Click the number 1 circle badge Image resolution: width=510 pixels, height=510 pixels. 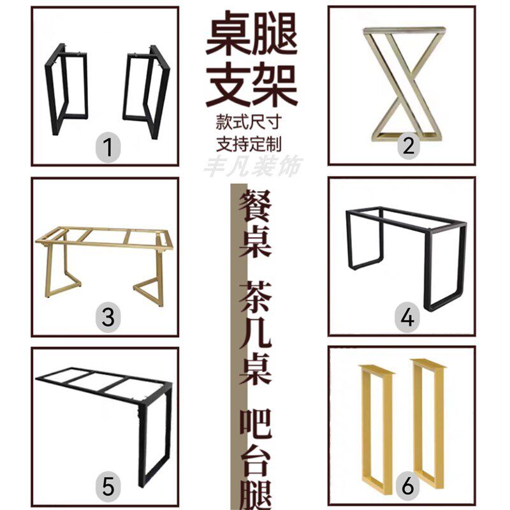coord(108,148)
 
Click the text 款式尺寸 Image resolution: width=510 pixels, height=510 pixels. coord(252,120)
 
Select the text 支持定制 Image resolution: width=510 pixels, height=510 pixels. coord(252,142)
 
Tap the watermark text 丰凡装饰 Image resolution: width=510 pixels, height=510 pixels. coord(253,165)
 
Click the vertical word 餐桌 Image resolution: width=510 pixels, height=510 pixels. coord(254,226)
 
